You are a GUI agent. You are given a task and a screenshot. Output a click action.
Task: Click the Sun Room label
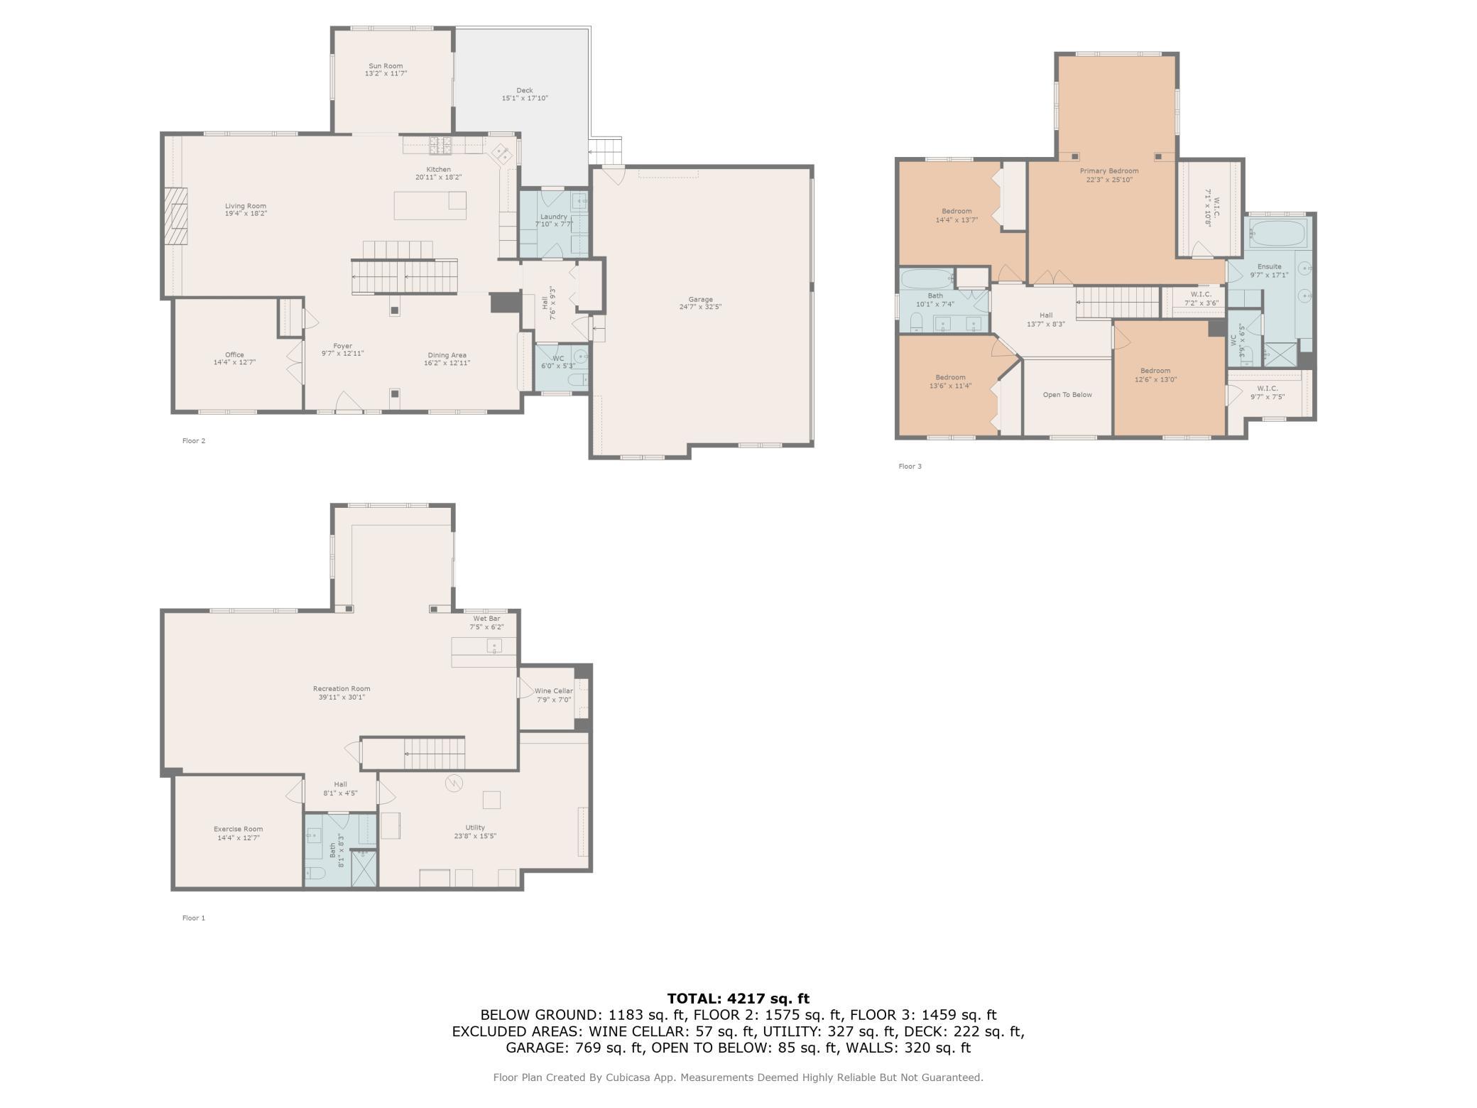pyautogui.click(x=386, y=66)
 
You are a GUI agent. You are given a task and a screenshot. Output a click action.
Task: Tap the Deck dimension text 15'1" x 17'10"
pyautogui.click(x=525, y=99)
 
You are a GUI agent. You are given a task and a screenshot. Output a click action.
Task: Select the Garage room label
pyautogui.click(x=700, y=299)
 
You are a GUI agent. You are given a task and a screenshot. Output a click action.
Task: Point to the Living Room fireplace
pyautogui.click(x=177, y=216)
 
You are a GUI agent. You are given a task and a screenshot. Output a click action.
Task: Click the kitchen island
pyautogui.click(x=430, y=205)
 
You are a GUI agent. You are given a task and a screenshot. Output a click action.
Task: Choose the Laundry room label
pyautogui.click(x=554, y=217)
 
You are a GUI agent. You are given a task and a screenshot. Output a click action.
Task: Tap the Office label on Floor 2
pyautogui.click(x=234, y=354)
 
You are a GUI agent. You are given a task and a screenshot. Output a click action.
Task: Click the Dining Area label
pyautogui.click(x=447, y=355)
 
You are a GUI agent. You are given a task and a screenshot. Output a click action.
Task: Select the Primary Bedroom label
pyautogui.click(x=1109, y=171)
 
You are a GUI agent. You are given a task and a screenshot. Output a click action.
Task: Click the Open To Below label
pyautogui.click(x=1067, y=395)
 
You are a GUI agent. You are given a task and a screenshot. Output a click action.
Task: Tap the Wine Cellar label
pyautogui.click(x=554, y=691)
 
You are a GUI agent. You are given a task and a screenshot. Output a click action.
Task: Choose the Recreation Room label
pyautogui.click(x=342, y=688)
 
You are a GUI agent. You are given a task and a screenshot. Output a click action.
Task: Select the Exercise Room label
pyautogui.click(x=239, y=829)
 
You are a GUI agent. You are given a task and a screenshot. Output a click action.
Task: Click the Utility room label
pyautogui.click(x=475, y=827)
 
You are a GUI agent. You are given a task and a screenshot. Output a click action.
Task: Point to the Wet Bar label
pyautogui.click(x=486, y=619)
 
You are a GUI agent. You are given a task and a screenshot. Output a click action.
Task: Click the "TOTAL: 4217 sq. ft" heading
pyautogui.click(x=738, y=999)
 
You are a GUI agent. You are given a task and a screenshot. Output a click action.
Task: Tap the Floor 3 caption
pyautogui.click(x=910, y=467)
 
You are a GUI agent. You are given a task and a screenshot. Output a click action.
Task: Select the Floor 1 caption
pyautogui.click(x=193, y=918)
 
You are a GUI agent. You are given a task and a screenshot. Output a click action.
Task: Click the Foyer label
pyautogui.click(x=342, y=346)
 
